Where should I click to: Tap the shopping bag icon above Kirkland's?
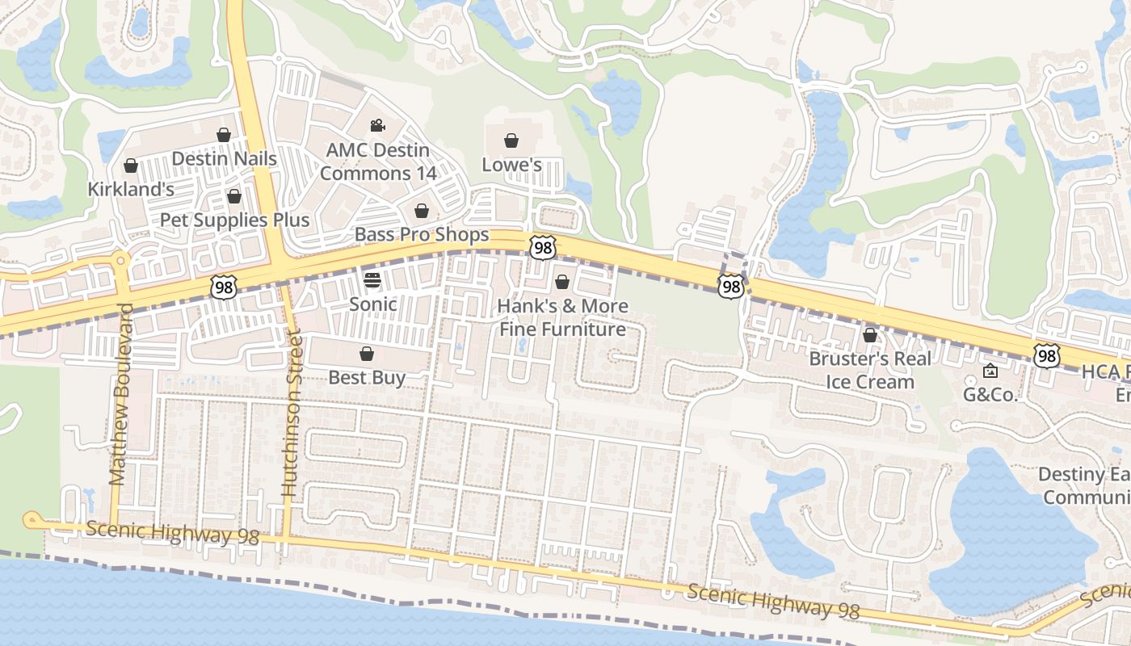tap(130, 166)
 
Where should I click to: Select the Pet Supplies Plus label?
tap(234, 220)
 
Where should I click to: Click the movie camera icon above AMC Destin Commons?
tap(377, 125)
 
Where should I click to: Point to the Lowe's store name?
tap(511, 165)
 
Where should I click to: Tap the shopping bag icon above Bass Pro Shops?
tap(422, 212)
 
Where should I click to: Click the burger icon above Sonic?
tap(372, 280)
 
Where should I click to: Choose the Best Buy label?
tap(367, 377)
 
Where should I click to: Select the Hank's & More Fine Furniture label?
tap(562, 317)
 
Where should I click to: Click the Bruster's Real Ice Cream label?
tap(870, 370)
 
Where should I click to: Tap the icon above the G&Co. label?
tap(990, 371)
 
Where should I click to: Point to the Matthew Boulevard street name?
tap(120, 394)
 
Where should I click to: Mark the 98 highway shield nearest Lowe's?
tap(542, 248)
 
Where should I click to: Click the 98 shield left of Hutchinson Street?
tap(223, 286)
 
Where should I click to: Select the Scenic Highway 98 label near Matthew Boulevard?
tap(172, 533)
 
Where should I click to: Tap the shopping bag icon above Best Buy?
tap(367, 354)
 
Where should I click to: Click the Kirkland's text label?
tap(131, 189)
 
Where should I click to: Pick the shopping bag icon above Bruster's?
tap(870, 334)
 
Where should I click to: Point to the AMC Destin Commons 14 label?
tap(378, 161)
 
